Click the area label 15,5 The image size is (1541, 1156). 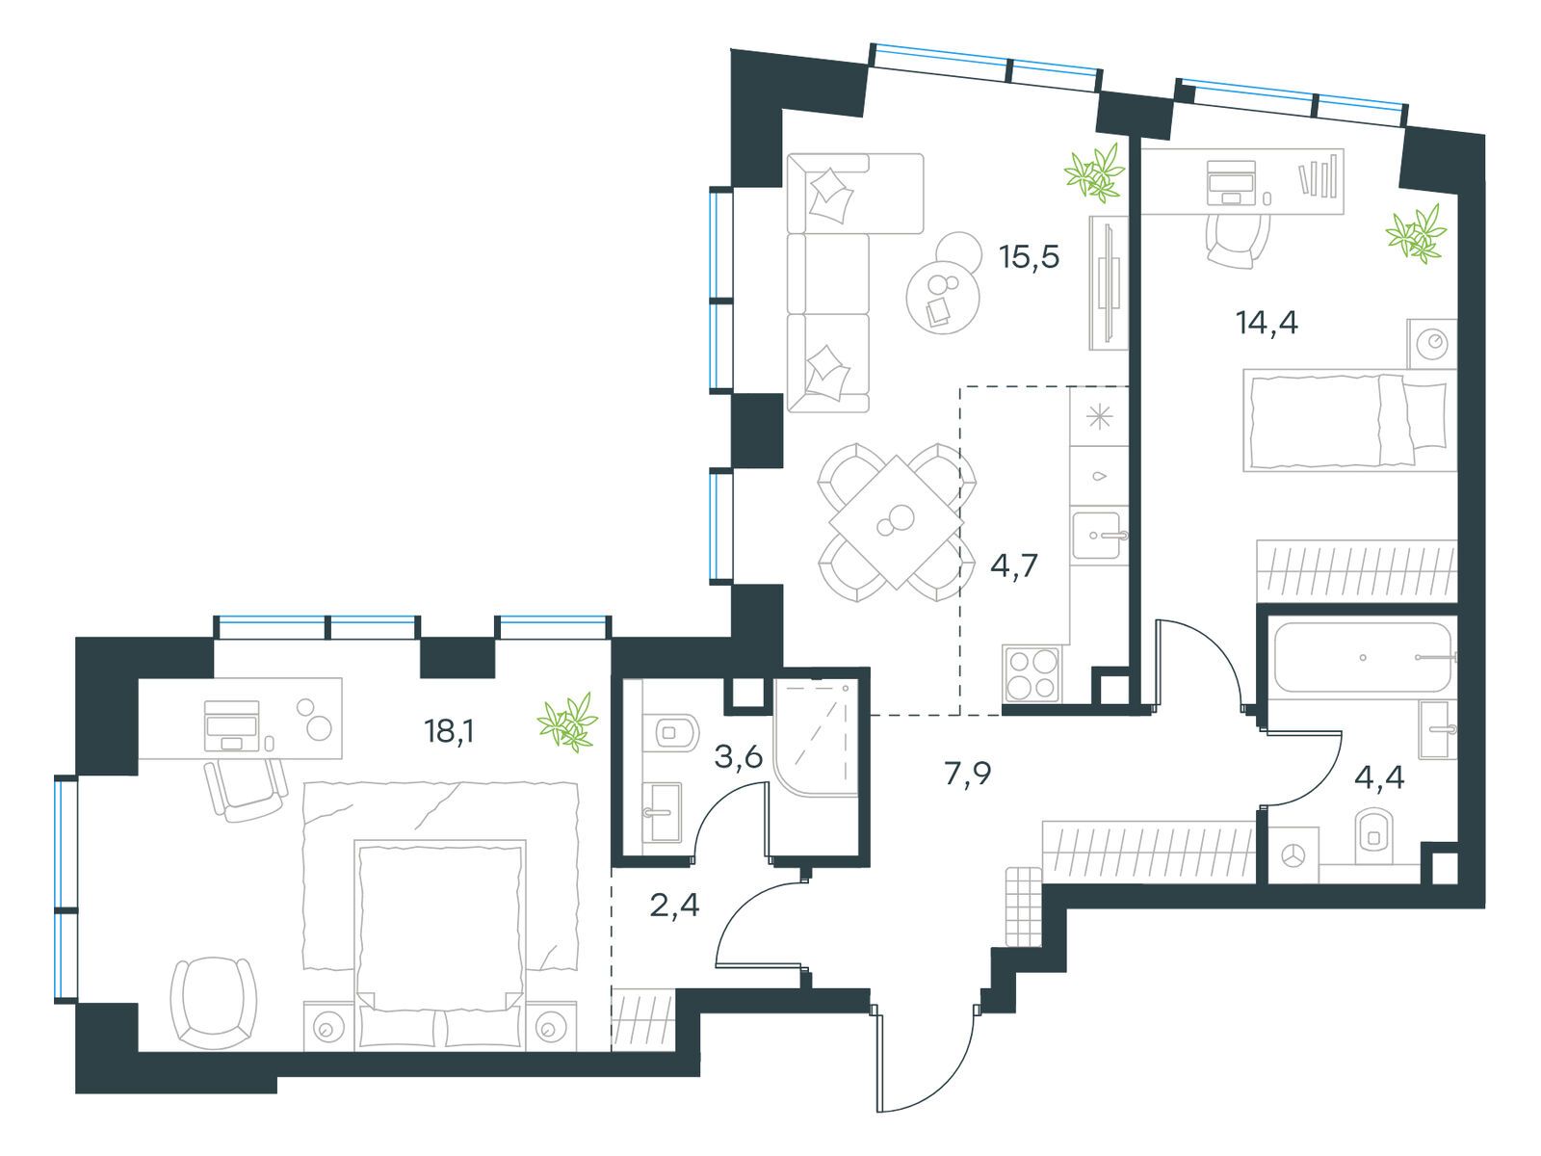(x=1028, y=257)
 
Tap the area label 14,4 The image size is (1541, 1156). (x=1267, y=322)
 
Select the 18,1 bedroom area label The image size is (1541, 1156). (x=450, y=731)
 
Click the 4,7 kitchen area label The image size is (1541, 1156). (x=1013, y=565)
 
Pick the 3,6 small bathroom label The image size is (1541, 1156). (x=739, y=756)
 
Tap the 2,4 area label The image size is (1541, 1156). (x=674, y=906)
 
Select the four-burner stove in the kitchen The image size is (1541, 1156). (x=1032, y=673)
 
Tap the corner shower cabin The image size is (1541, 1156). (x=815, y=737)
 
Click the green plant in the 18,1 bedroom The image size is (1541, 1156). (x=567, y=722)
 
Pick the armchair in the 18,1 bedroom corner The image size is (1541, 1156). (x=214, y=1002)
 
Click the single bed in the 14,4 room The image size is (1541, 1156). (x=1347, y=421)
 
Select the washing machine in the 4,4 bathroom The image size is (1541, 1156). (x=1292, y=855)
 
